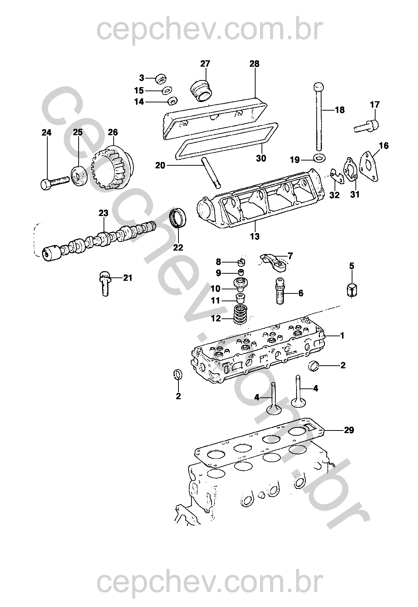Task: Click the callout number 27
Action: pyautogui.click(x=205, y=64)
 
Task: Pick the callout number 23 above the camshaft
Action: pyautogui.click(x=103, y=213)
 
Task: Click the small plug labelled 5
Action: pyautogui.click(x=352, y=290)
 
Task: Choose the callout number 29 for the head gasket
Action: pyautogui.click(x=349, y=430)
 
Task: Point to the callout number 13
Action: pyautogui.click(x=254, y=236)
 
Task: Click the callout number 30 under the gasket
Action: pyautogui.click(x=261, y=158)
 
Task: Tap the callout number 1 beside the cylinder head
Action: pyautogui.click(x=342, y=336)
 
